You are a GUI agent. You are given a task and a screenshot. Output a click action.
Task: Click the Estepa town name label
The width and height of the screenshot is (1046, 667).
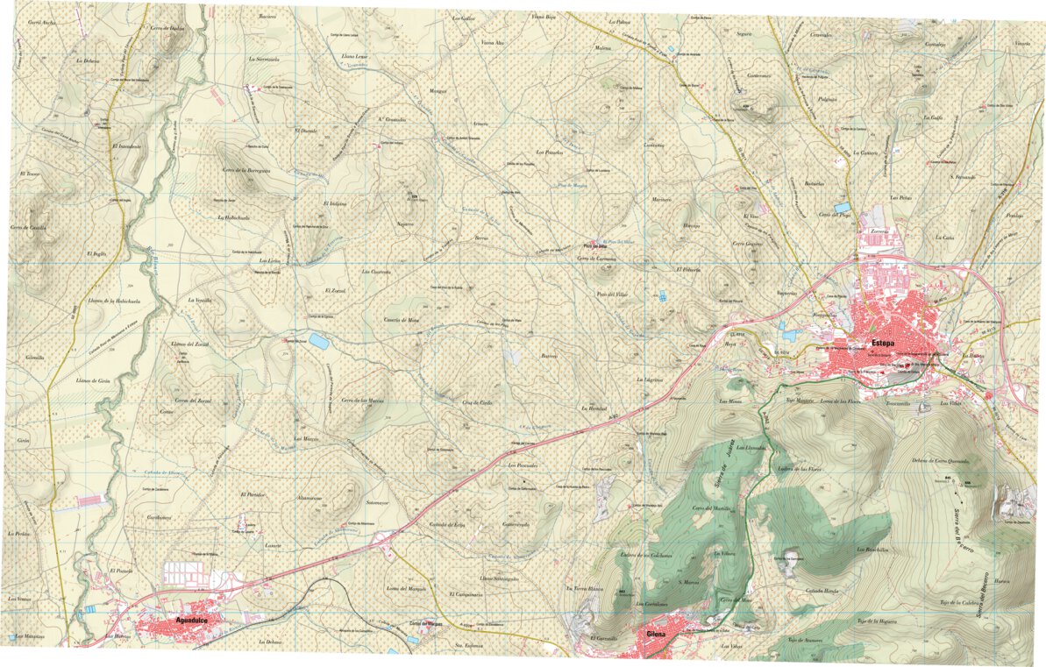point(882,344)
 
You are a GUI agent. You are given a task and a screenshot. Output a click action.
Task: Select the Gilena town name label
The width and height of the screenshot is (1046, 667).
point(657,635)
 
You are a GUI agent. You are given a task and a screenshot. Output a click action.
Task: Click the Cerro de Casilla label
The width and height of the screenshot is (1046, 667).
point(28,227)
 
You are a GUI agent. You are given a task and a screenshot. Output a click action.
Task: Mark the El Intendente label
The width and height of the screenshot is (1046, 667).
point(127,145)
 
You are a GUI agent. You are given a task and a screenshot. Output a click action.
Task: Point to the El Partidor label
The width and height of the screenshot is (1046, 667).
point(252,495)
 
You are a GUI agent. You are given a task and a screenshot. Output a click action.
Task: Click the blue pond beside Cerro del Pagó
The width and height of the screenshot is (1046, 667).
point(843,208)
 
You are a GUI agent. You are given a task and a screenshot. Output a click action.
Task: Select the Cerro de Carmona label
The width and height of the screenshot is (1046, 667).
point(596,259)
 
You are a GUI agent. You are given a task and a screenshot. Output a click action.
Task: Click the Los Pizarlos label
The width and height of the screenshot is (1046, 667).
point(548,152)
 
